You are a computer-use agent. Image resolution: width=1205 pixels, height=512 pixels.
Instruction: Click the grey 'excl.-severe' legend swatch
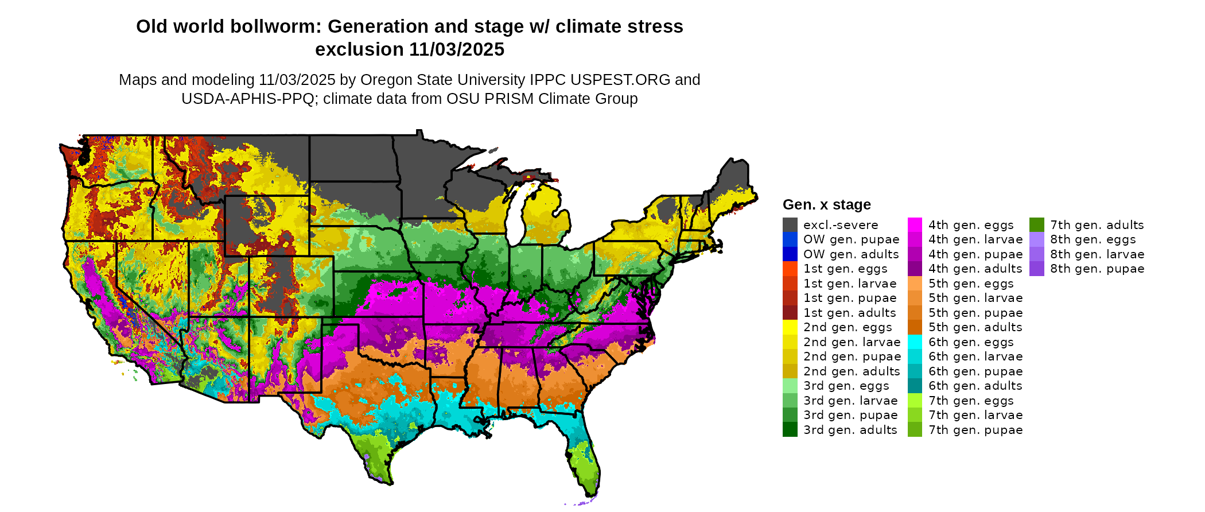click(x=790, y=225)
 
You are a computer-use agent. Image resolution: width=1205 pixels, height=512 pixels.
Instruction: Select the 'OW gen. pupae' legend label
click(x=851, y=239)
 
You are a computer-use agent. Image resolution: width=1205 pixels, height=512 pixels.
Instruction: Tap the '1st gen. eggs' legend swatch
click(x=790, y=269)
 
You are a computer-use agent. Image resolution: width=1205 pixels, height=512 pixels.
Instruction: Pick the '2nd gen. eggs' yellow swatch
click(x=790, y=327)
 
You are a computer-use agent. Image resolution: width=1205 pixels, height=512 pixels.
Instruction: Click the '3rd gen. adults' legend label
click(x=850, y=430)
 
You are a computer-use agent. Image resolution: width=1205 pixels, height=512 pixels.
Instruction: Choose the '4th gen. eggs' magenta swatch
click(x=915, y=225)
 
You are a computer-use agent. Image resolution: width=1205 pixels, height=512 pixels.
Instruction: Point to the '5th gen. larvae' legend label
click(x=975, y=298)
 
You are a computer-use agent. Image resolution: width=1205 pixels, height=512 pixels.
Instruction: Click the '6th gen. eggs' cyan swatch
click(x=915, y=342)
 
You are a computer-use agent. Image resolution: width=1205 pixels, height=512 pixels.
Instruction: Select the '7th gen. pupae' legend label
click(x=975, y=430)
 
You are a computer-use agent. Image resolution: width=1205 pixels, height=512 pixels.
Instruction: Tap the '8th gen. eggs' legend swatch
click(x=1036, y=239)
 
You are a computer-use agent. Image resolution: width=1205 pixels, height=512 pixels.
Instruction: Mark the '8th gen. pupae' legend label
click(x=1097, y=269)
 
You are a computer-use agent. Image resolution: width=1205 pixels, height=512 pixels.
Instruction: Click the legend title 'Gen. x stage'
click(x=826, y=205)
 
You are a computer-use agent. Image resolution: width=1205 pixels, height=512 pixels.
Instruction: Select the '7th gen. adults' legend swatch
click(x=1036, y=225)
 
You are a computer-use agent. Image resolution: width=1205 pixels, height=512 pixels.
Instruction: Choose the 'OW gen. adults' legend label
click(x=851, y=254)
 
